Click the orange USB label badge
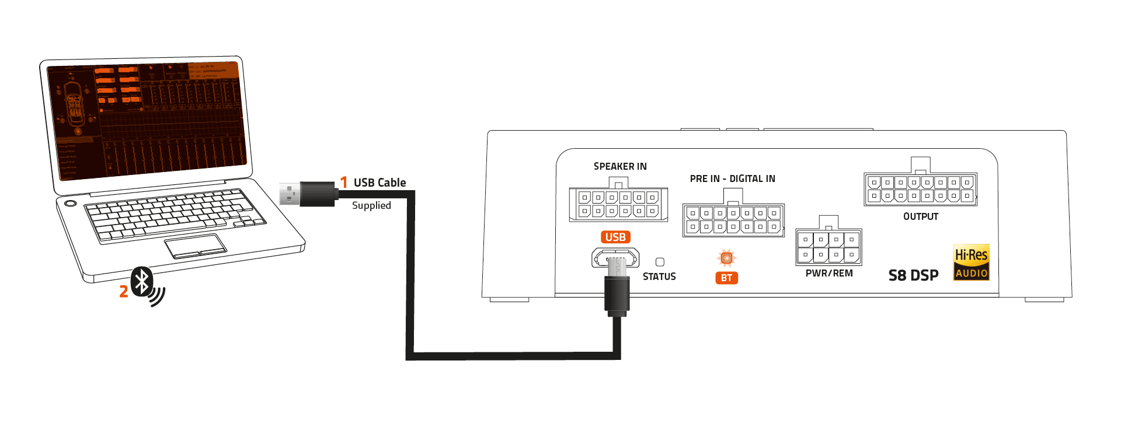coord(615,237)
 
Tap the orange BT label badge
coord(726,278)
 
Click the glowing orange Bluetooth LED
coord(726,257)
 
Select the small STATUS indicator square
coord(660,262)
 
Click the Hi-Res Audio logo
coord(971,262)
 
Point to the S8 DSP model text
coord(913,275)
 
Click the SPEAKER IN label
coord(620,166)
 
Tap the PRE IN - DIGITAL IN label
coord(732,178)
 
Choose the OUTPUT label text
coord(920,216)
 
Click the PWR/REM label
coord(828,273)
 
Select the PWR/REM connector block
coord(828,246)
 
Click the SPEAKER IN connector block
coord(618,204)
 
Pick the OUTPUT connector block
coord(920,189)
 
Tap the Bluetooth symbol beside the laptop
coord(142,282)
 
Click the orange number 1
coord(344,183)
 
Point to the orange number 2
coord(123,292)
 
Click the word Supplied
coord(371,205)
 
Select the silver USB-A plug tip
coord(289,194)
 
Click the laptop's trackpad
coord(195,246)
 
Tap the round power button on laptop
coord(71,203)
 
